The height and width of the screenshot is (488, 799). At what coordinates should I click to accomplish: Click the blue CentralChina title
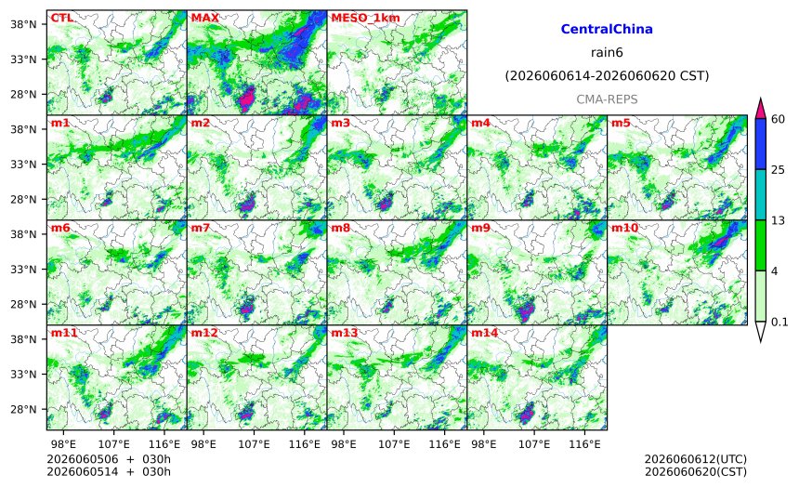click(607, 29)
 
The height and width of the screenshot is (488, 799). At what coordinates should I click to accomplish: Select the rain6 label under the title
click(607, 53)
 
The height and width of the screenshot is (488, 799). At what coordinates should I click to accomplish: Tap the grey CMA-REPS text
click(607, 99)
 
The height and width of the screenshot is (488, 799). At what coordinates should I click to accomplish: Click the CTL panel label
click(61, 18)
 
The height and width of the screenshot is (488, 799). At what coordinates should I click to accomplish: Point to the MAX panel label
click(204, 18)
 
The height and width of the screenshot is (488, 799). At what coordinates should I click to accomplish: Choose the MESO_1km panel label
click(365, 18)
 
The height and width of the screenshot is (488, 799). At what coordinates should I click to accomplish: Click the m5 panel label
click(621, 123)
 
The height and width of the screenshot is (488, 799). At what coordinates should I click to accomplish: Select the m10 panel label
click(624, 228)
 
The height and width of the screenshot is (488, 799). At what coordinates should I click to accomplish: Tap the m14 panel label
click(485, 333)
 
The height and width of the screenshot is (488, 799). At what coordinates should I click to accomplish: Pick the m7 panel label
click(201, 228)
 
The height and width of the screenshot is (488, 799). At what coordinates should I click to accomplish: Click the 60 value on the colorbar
click(778, 119)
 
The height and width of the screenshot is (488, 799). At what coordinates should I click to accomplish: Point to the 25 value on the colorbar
click(778, 170)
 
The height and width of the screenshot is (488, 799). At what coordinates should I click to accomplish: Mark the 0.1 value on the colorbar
click(779, 322)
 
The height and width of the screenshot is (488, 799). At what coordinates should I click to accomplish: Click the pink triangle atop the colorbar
click(761, 108)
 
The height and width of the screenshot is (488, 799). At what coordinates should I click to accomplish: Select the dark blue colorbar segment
click(761, 144)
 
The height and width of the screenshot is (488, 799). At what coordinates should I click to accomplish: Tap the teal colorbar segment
click(761, 195)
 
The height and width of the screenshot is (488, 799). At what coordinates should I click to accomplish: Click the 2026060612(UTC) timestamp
click(696, 459)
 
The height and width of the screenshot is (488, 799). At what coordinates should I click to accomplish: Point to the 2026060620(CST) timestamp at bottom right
click(696, 471)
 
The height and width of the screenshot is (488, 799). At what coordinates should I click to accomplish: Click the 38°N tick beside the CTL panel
click(23, 24)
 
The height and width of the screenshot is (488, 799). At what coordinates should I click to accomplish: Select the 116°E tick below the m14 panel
click(584, 444)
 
